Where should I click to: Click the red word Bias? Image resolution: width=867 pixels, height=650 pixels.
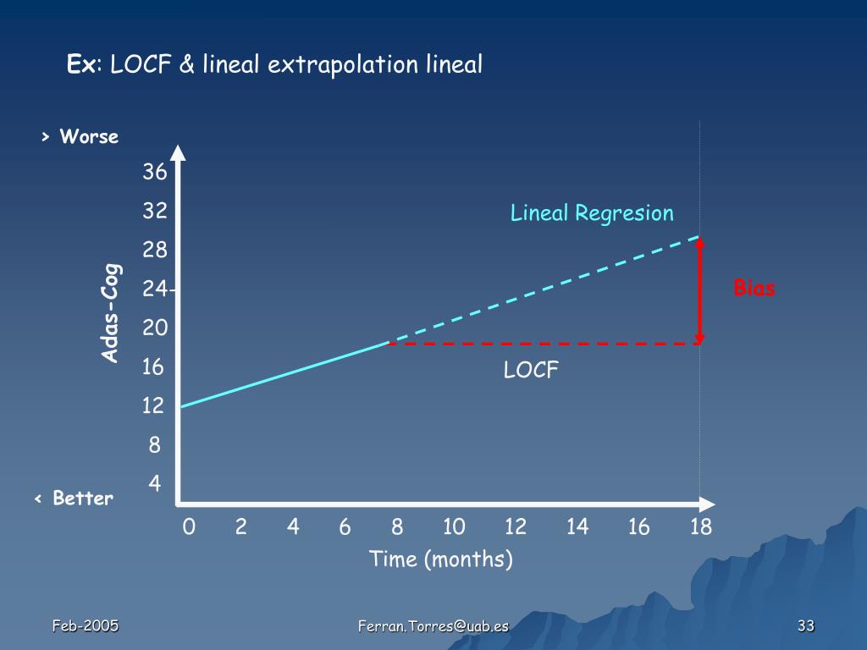754,289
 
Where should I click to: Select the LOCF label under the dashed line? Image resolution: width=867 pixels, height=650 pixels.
531,370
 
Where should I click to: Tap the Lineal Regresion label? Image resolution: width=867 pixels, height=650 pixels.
592,213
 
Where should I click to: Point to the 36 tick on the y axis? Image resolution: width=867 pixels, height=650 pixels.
155,173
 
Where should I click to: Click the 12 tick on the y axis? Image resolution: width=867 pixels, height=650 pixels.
153,406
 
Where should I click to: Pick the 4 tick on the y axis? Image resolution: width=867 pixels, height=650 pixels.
155,484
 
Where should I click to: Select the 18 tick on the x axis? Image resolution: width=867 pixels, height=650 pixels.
700,528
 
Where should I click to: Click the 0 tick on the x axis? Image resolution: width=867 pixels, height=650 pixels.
189,528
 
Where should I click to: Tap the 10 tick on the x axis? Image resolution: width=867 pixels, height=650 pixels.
454,528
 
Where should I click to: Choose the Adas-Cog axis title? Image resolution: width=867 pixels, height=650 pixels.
111,313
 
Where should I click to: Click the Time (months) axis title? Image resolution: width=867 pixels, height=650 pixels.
441,559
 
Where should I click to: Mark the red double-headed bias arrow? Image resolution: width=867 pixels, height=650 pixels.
700,291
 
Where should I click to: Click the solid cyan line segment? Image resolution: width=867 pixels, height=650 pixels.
284,375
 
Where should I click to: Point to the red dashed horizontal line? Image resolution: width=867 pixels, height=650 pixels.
542,344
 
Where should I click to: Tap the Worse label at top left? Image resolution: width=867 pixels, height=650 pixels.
89,137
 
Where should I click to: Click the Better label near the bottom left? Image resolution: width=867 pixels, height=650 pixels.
82,499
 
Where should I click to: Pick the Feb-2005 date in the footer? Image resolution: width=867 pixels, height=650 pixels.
86,626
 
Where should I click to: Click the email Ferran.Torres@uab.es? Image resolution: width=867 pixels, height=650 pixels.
433,626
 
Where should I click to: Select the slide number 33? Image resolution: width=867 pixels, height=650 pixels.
805,626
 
